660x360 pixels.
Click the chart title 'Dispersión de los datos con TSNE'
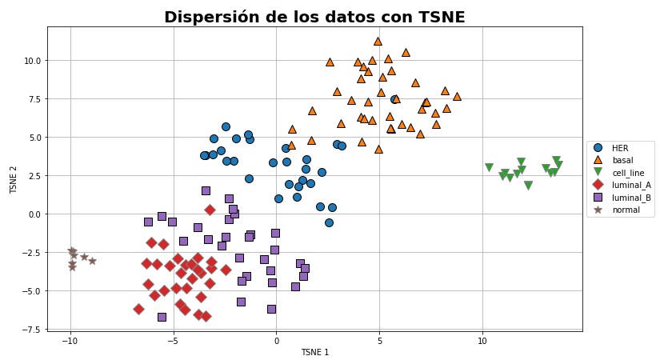click(x=314, y=17)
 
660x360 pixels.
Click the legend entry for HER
click(x=620, y=148)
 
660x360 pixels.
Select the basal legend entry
click(x=622, y=160)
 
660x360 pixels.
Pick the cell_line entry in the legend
click(x=627, y=173)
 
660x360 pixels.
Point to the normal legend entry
click(x=625, y=210)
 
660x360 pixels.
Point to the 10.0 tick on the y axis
click(x=31, y=61)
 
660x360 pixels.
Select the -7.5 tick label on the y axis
click(x=31, y=330)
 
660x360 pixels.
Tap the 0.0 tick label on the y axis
click(x=34, y=214)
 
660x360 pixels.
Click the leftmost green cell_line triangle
click(x=489, y=168)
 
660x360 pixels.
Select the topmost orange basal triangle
click(x=378, y=41)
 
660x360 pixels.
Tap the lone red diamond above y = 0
click(x=210, y=210)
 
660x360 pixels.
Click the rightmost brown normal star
click(x=92, y=261)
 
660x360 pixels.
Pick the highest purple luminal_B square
click(x=206, y=190)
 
